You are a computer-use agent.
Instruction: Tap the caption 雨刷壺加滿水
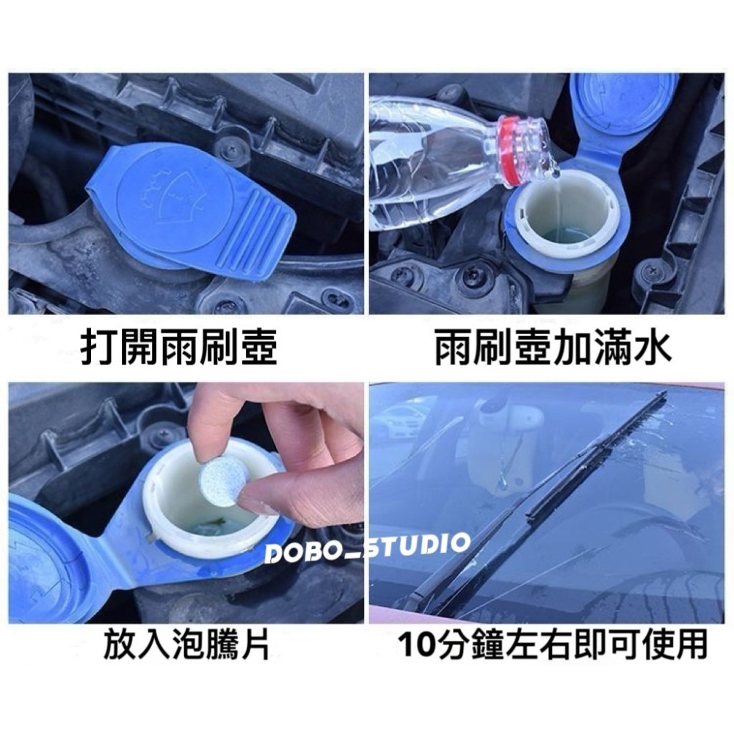pyautogui.click(x=552, y=350)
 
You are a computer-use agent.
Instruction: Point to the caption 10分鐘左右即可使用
pyautogui.click(x=551, y=647)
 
